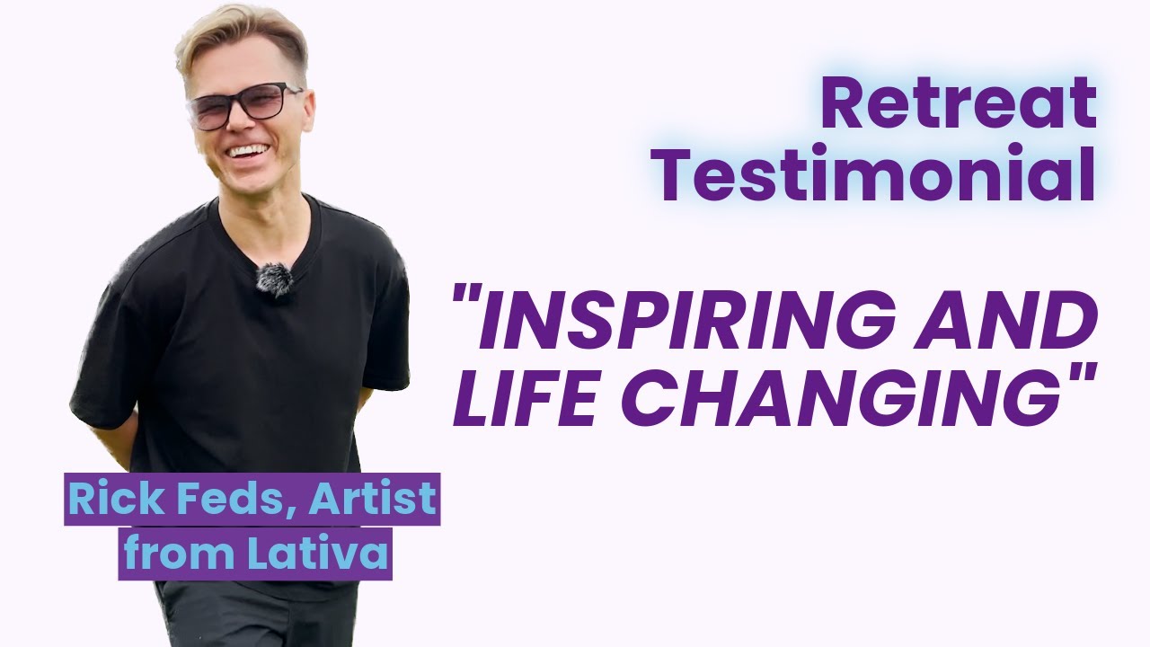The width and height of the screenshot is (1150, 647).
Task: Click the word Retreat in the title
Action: point(958,104)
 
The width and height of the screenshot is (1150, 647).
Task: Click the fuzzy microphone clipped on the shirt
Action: point(274,279)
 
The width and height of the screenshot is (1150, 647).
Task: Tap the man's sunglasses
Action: point(244,105)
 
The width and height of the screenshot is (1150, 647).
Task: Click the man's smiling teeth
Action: point(249,150)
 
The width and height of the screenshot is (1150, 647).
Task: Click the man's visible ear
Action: point(308,112)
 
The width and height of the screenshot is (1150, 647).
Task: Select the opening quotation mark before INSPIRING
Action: point(464,306)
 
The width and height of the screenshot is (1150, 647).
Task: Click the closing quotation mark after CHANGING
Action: point(1083,377)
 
